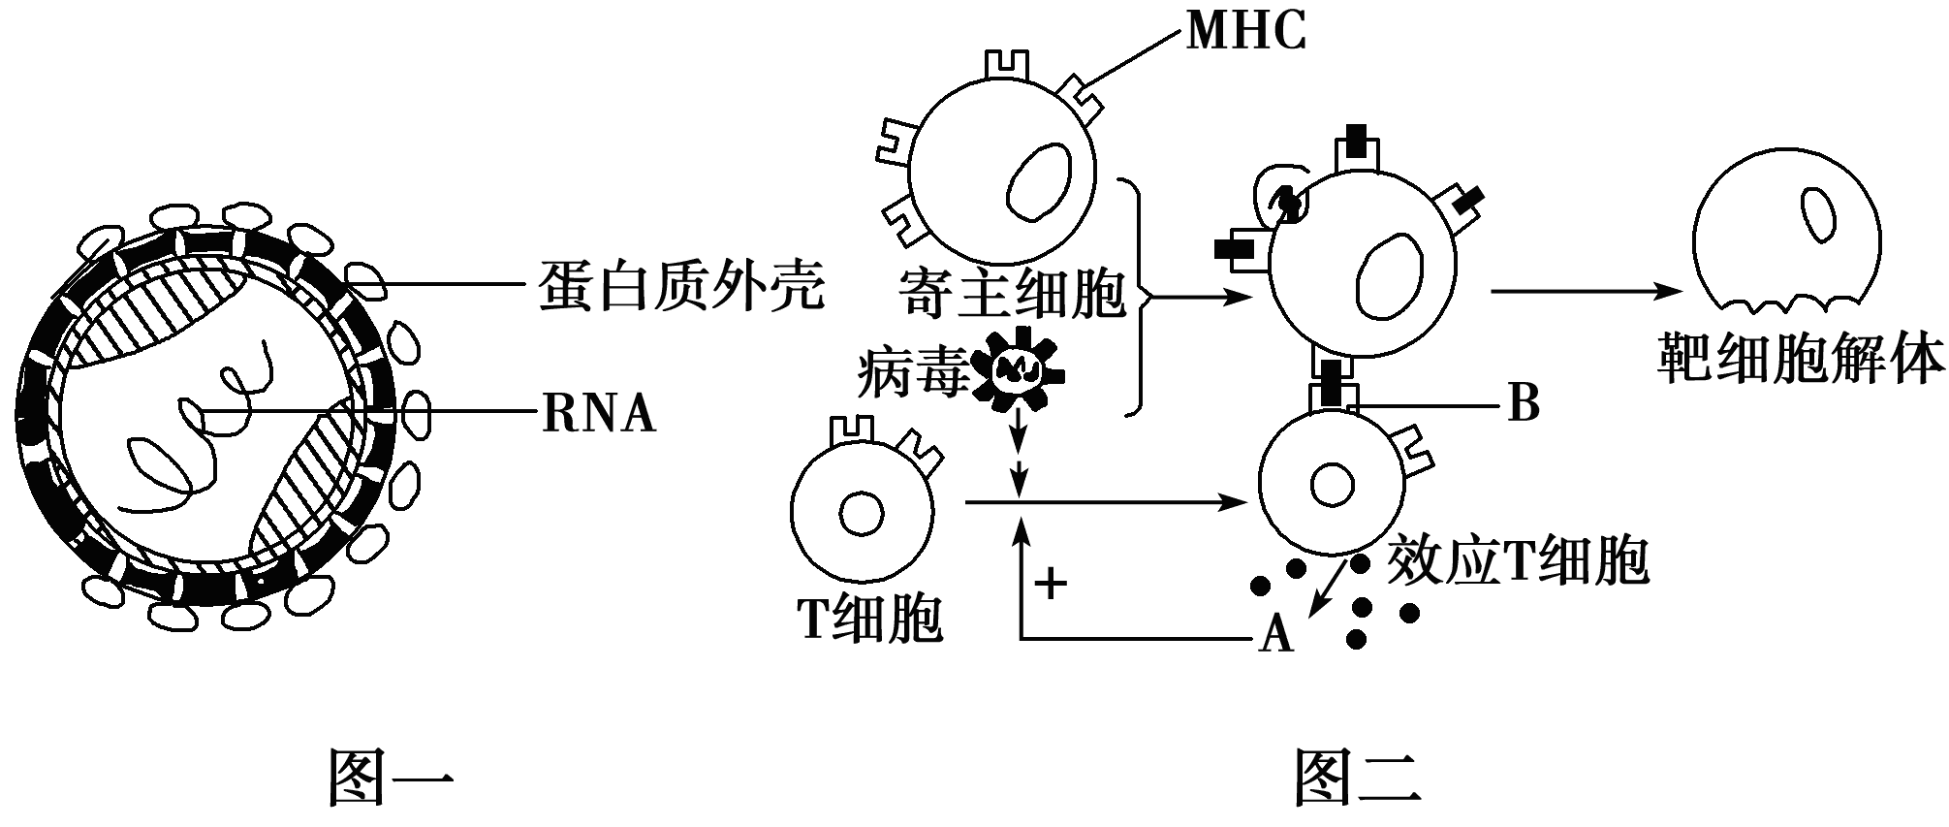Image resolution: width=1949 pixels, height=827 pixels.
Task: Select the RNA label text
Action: (599, 414)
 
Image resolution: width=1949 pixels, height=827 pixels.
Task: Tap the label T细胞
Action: (869, 618)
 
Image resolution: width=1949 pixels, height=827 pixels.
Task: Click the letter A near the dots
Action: (1275, 635)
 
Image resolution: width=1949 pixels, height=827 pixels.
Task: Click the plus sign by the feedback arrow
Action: (1051, 583)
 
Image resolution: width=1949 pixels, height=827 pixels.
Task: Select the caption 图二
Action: (1358, 777)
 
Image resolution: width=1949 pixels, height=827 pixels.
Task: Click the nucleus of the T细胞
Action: (860, 515)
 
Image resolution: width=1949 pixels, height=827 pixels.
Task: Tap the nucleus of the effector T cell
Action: (1332, 484)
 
